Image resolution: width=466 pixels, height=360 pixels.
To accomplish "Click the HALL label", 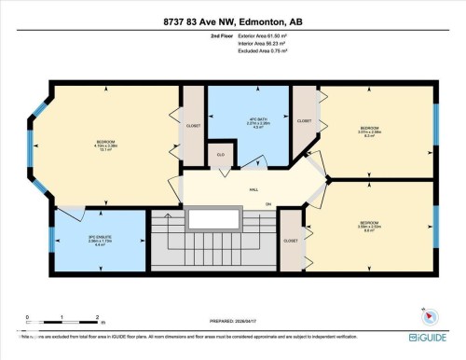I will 254,189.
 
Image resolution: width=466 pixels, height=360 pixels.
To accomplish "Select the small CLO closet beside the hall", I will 220,157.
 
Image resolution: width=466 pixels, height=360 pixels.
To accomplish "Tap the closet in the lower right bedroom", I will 291,240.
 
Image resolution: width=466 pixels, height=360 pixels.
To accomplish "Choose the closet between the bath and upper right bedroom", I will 305,121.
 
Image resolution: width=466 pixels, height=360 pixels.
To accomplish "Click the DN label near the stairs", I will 268,204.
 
